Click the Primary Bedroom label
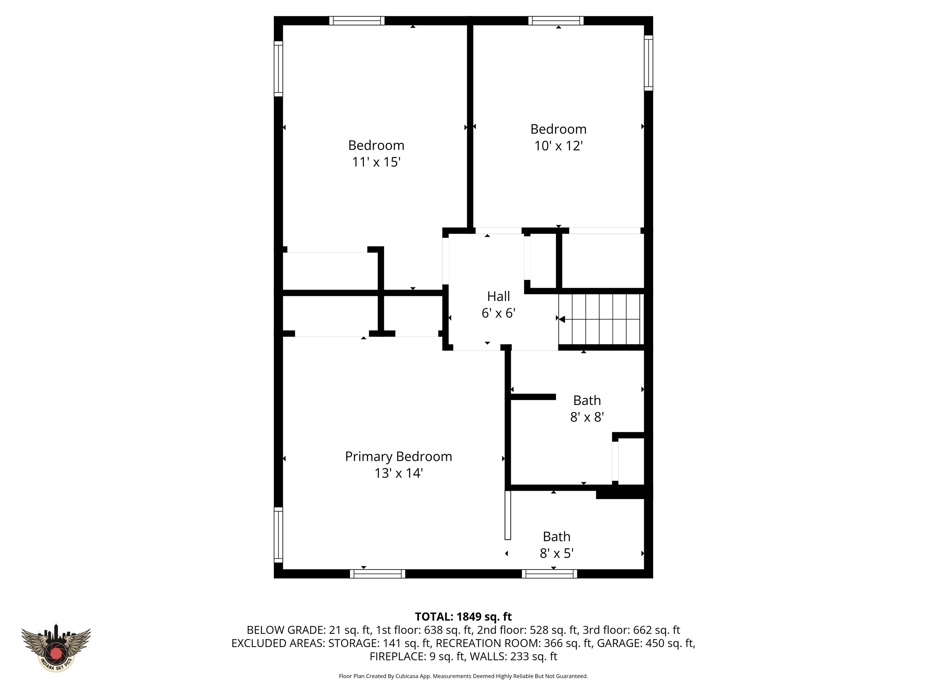398,456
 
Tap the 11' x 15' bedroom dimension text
376,162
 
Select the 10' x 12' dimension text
558,146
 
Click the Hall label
498,297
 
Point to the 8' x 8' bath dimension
587,417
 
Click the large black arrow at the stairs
562,319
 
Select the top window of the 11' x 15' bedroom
357,21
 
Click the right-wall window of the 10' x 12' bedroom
648,63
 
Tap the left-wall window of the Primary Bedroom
278,535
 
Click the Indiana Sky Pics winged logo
56,648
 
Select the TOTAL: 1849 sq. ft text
463,617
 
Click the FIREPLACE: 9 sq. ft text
417,656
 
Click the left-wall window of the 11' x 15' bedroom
278,69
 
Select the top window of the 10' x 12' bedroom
556,21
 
